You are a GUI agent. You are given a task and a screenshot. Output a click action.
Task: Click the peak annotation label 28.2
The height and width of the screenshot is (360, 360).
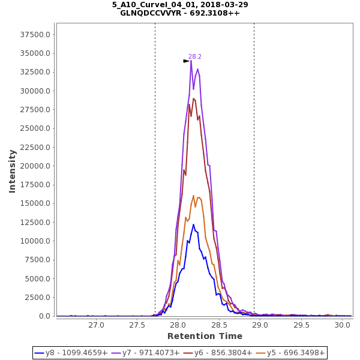pos(195,56)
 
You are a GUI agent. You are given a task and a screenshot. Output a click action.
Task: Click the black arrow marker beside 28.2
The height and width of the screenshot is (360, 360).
pos(186,61)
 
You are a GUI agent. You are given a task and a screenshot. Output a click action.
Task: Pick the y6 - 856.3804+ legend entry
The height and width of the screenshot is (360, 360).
pos(223,353)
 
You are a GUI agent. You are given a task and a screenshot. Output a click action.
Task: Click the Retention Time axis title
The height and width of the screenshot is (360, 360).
pos(205,336)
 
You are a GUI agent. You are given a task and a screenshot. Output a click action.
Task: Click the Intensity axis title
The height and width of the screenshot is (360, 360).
pos(12,171)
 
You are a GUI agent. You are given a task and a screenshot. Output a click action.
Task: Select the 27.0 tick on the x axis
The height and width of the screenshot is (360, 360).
pos(96,325)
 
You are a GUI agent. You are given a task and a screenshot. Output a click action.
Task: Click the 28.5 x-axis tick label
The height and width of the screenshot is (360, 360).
pos(219,325)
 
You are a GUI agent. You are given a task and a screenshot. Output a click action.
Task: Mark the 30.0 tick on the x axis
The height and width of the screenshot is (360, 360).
pos(342,325)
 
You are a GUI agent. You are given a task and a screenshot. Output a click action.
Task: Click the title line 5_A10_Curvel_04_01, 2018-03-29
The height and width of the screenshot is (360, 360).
pos(180,5)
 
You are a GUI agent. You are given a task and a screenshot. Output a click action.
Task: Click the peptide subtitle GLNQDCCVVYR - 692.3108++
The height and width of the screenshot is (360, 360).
pos(180,13)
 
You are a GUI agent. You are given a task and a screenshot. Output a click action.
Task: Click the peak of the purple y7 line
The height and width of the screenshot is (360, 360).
pos(191,61)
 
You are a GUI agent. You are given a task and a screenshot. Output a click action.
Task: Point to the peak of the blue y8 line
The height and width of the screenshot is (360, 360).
pos(193,224)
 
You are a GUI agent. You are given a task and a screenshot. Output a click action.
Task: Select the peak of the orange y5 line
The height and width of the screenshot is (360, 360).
pos(194,196)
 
